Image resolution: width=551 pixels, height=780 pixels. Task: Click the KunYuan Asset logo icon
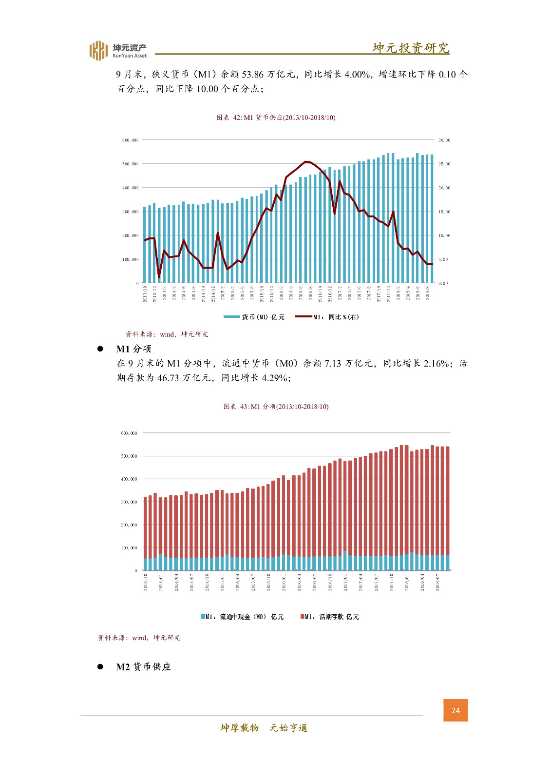click(98, 50)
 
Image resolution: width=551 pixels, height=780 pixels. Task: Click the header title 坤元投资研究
click(411, 48)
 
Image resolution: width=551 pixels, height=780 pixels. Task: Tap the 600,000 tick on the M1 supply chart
click(130, 140)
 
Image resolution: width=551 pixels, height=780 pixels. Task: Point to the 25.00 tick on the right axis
click(444, 164)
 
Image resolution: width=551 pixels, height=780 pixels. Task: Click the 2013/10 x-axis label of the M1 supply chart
click(145, 294)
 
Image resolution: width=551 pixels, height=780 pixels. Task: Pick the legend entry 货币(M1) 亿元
click(254, 317)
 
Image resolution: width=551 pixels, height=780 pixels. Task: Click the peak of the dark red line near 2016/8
click(306, 161)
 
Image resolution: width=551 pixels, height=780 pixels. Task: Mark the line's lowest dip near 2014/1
click(159, 277)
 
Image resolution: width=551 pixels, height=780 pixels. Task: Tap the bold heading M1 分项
click(133, 349)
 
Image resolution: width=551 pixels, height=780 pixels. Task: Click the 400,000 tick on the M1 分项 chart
click(129, 479)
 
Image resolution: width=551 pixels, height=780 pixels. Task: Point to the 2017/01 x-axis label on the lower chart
click(345, 582)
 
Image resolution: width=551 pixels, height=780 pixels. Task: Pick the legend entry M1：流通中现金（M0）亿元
click(242, 617)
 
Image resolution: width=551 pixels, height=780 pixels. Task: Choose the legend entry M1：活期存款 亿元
click(330, 617)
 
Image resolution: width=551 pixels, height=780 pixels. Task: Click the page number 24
click(456, 710)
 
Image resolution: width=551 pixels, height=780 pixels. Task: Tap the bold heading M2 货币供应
click(143, 667)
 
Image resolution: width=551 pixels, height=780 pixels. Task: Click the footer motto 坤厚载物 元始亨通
click(264, 728)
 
